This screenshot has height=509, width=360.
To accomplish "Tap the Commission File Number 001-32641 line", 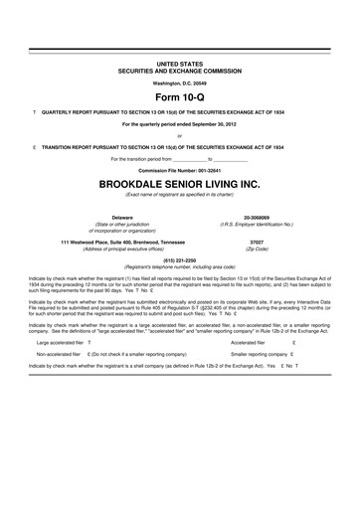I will point(180,169).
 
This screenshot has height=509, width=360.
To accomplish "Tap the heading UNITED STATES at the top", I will point(180,63).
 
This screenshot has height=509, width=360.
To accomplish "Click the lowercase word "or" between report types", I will point(180,136).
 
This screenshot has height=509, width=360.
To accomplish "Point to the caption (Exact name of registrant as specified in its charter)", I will point(180,196).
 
